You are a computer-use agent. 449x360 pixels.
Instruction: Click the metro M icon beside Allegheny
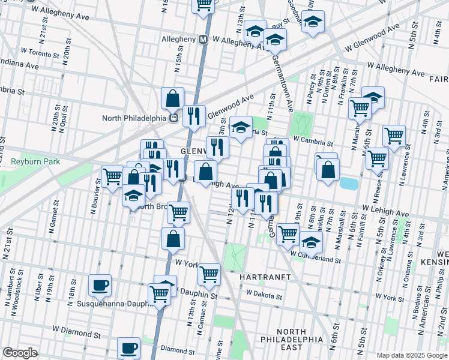203,40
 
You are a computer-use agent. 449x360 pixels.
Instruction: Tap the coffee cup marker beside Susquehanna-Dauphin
100,284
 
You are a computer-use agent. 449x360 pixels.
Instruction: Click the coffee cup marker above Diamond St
128,347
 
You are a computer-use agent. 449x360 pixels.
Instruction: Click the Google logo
20,353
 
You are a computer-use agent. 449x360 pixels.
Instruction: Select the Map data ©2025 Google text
412,355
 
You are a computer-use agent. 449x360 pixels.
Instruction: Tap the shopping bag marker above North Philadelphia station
172,98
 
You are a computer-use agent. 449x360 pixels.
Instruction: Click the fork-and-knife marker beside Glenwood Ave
193,116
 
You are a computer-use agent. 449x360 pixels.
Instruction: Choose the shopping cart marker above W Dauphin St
209,274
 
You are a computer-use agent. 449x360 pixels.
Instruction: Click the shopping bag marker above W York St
173,238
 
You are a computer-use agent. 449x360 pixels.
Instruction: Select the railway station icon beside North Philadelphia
173,118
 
